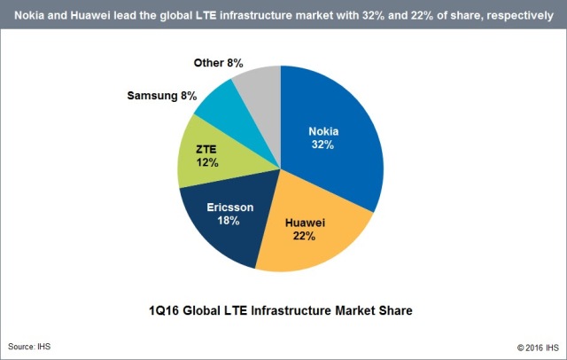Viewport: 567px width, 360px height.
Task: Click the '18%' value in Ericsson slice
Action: pyautogui.click(x=229, y=221)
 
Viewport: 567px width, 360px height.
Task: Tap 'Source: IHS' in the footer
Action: pyautogui.click(x=30, y=346)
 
